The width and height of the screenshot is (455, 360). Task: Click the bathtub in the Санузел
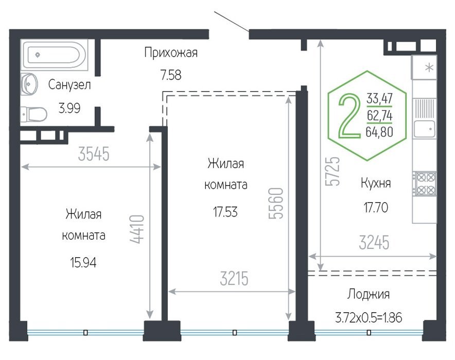point(54,55)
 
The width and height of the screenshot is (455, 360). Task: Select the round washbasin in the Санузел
point(29,84)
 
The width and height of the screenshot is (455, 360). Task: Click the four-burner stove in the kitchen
point(425,184)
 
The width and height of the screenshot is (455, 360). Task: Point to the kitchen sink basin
point(425,129)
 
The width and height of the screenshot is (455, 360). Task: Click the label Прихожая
point(171,53)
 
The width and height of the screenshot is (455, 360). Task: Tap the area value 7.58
point(171,75)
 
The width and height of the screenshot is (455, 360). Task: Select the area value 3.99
point(69,108)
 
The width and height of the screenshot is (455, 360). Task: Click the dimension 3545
point(94,154)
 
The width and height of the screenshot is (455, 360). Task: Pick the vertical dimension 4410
point(137,229)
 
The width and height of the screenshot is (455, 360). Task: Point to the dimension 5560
point(276,203)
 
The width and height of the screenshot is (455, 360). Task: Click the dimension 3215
point(234,278)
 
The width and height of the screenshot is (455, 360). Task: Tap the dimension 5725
point(332,171)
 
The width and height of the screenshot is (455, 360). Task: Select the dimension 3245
point(374,243)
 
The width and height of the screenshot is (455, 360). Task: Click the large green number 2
point(349,115)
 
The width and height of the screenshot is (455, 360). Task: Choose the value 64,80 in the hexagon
point(379,132)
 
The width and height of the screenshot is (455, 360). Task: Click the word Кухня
point(376,183)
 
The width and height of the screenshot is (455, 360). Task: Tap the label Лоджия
point(368,294)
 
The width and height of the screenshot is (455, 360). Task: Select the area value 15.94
point(83,263)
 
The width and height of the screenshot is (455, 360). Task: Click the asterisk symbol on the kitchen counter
point(429,68)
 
